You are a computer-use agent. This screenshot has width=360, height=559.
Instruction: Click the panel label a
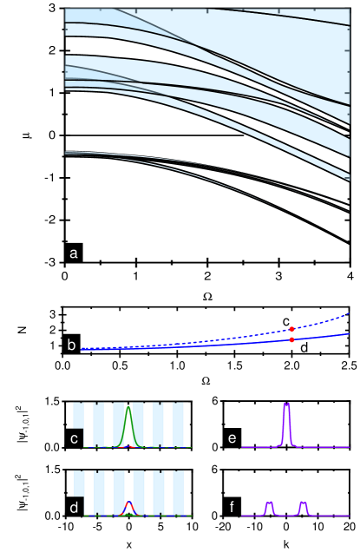(74, 253)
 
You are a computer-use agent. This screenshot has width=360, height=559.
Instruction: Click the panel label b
(72, 345)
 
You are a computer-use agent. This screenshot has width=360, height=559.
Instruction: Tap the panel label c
(75, 438)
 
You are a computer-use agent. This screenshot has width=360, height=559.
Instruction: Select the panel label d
(75, 507)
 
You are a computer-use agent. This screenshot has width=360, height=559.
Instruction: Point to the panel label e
(232, 438)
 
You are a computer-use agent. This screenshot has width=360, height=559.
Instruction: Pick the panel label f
(232, 507)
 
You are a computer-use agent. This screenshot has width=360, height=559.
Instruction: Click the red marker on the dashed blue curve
(291, 329)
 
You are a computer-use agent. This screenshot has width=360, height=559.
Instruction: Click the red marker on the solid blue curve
(291, 339)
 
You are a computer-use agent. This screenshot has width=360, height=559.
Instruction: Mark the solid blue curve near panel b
(217, 345)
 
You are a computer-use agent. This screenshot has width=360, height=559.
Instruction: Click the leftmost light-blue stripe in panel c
(78, 415)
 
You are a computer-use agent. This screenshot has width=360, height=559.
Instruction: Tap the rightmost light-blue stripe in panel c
(179, 424)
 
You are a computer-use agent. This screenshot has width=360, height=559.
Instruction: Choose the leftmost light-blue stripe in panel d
(78, 483)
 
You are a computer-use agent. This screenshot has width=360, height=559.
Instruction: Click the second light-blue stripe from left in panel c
(99, 424)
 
